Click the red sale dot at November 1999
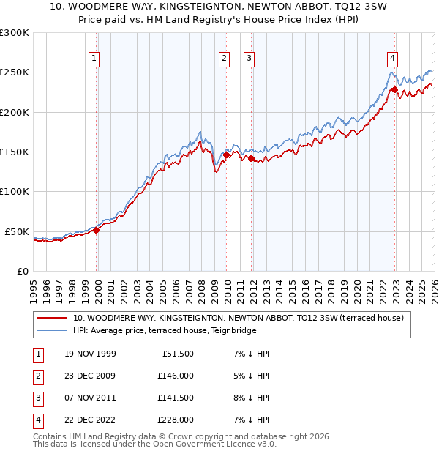pos(96,230)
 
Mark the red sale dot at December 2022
pos(394,89)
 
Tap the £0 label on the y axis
pos(23,271)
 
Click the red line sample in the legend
pos(52,318)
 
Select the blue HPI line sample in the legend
pos(52,330)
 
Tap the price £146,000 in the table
pos(175,376)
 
